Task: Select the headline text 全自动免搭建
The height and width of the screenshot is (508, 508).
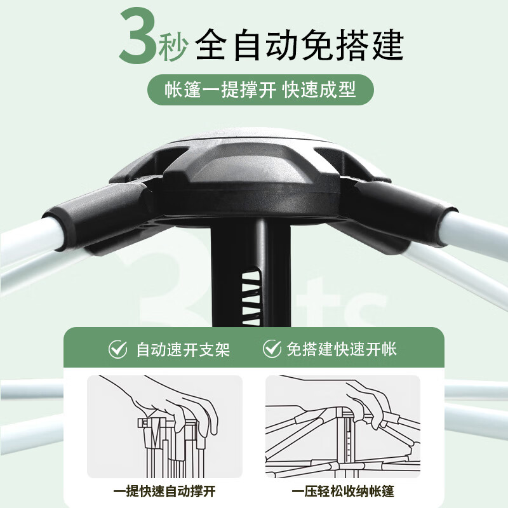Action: click(x=298, y=42)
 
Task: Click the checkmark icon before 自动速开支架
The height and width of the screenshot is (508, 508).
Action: click(x=117, y=349)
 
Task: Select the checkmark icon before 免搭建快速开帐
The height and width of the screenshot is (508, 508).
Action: click(x=272, y=349)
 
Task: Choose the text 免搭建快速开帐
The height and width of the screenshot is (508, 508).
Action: click(x=342, y=349)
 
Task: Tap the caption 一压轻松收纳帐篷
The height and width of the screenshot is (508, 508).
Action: click(x=343, y=491)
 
